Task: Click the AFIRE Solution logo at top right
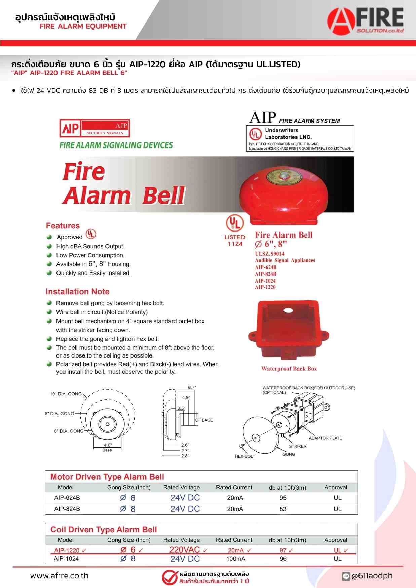366,21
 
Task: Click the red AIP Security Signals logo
94,128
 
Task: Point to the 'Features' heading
63,226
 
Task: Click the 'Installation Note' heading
77,292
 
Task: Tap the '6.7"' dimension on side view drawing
192,387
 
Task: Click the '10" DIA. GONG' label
66,394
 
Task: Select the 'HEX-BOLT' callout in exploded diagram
245,456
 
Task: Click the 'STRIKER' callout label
298,446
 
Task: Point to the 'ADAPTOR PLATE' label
325,438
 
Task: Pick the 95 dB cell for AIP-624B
283,498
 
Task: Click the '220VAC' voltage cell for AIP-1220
185,550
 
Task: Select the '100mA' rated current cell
236,559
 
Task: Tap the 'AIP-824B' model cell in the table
67,509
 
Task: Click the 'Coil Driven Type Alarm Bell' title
104,530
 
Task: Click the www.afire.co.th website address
60,576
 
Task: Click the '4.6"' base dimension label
108,445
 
